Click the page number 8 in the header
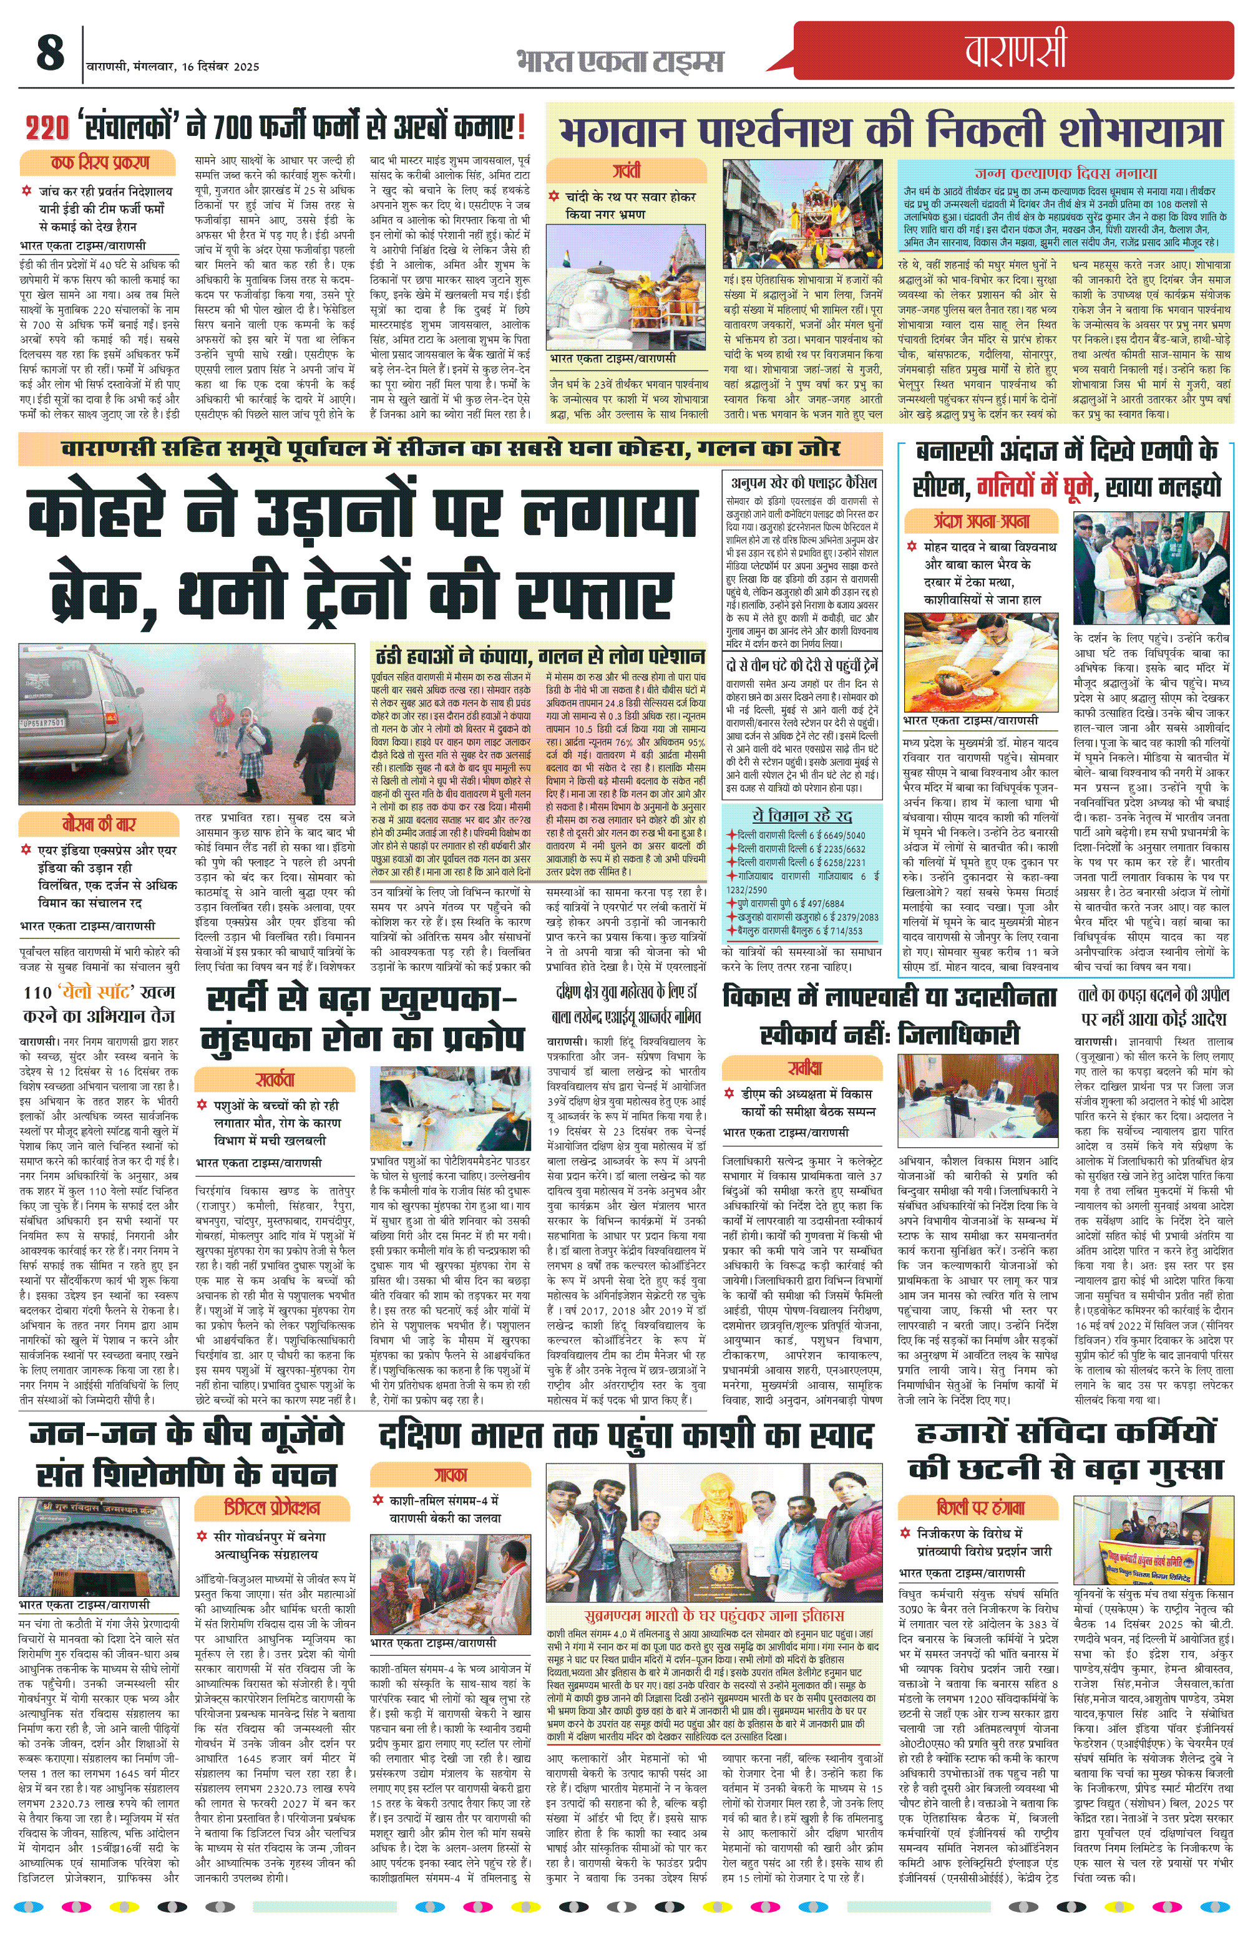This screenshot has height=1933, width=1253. point(51,54)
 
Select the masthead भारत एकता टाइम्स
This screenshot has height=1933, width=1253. point(619,62)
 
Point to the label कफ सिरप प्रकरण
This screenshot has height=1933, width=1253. point(99,163)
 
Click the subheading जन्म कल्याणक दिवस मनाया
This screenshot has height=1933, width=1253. point(1065,173)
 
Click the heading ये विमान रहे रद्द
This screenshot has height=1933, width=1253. point(801,816)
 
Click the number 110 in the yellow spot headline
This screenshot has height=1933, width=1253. point(37,993)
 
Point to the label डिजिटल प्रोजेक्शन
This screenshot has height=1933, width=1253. point(272,1507)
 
